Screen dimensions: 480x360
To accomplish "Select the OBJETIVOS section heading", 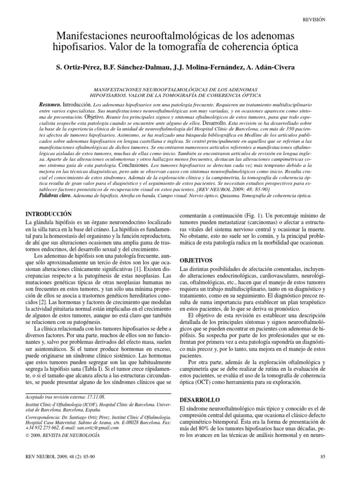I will [196, 260].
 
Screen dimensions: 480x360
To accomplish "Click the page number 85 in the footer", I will [322, 456].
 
